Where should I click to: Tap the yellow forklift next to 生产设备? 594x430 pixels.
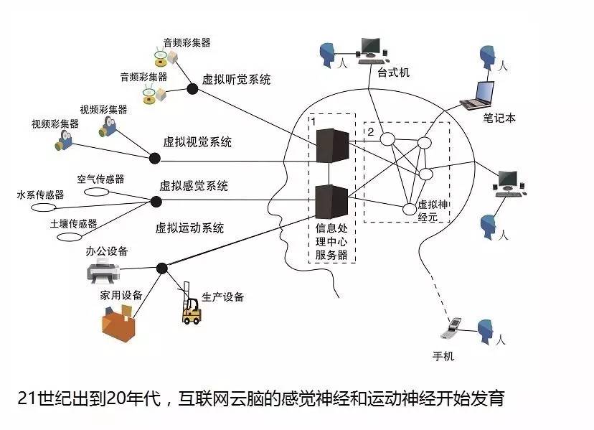pyautogui.click(x=191, y=310)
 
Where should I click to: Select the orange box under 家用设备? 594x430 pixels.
pyautogui.click(x=118, y=322)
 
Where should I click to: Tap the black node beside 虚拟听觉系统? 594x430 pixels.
pyautogui.click(x=192, y=88)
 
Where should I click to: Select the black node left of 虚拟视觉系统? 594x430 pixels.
pyautogui.click(x=154, y=157)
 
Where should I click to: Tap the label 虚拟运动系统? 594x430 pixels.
pyautogui.click(x=189, y=228)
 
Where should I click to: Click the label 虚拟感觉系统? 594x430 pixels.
pyautogui.click(x=194, y=186)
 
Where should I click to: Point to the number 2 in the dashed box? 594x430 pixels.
pyautogui.click(x=371, y=133)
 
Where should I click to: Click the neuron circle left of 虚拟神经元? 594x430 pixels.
pyautogui.click(x=409, y=210)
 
